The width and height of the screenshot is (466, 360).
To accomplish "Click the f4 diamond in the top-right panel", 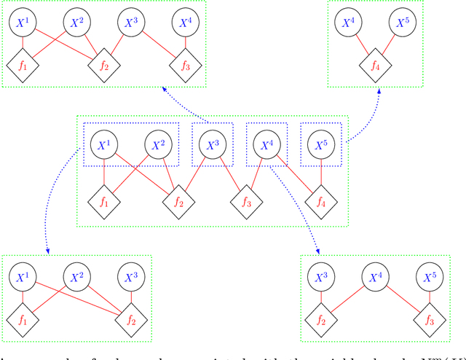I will [x=376, y=67].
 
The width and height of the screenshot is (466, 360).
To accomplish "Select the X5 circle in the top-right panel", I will [x=402, y=23].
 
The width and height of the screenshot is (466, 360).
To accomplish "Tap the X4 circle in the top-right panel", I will [x=349, y=23].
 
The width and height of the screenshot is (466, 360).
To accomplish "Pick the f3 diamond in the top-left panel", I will [x=184, y=67].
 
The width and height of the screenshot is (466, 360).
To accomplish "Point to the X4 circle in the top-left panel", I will [x=185, y=23].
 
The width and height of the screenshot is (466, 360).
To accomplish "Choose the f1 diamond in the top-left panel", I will [x=23, y=67].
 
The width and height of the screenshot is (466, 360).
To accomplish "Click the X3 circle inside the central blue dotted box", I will [x=212, y=145].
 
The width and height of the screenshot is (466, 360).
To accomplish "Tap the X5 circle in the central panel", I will [x=321, y=145].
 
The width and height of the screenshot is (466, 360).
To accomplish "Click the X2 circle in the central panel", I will [x=158, y=145].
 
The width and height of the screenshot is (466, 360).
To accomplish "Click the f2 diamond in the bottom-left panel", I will [x=131, y=319].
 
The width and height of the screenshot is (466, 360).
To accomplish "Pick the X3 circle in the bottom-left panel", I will [x=131, y=277].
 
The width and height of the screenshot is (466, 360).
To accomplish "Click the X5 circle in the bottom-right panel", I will [x=428, y=277].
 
